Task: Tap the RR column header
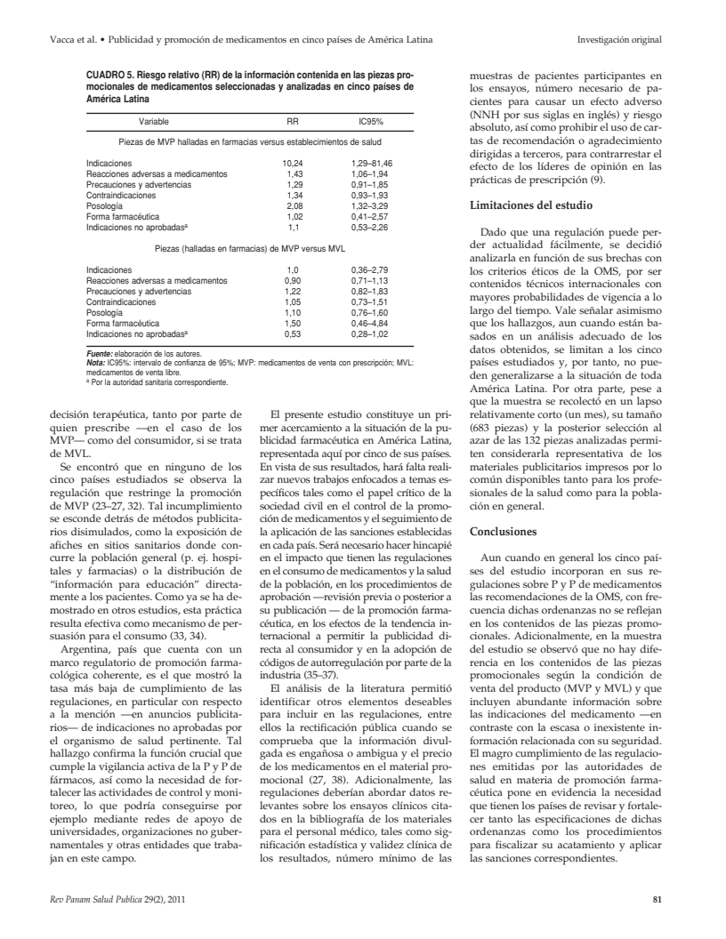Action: (x=293, y=120)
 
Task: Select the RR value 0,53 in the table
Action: (x=293, y=333)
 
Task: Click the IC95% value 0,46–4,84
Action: (x=372, y=324)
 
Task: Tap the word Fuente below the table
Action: (x=97, y=354)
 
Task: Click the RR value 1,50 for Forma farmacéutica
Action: (x=293, y=324)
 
